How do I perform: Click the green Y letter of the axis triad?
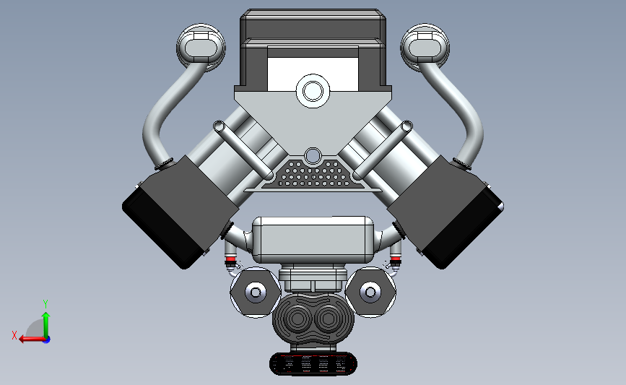[x=45, y=304]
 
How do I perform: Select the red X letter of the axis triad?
[x=14, y=334]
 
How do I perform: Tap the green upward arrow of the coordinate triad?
[x=45, y=321]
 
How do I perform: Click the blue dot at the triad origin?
[x=46, y=339]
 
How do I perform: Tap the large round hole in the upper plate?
[x=313, y=91]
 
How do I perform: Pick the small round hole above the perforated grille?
[x=313, y=155]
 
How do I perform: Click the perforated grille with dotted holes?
[x=313, y=174]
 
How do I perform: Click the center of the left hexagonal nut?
[x=255, y=293]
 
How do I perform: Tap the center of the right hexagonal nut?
[x=370, y=293]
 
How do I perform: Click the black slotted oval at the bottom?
[x=313, y=364]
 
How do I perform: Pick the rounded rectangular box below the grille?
[x=313, y=238]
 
